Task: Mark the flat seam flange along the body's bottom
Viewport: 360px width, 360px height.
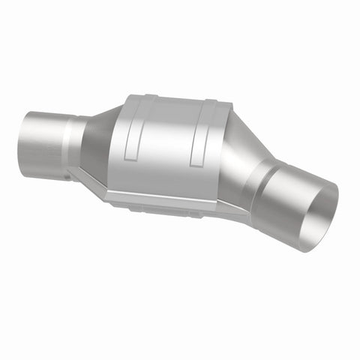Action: [x=172, y=201]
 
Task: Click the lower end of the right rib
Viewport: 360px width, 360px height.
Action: [x=197, y=163]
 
